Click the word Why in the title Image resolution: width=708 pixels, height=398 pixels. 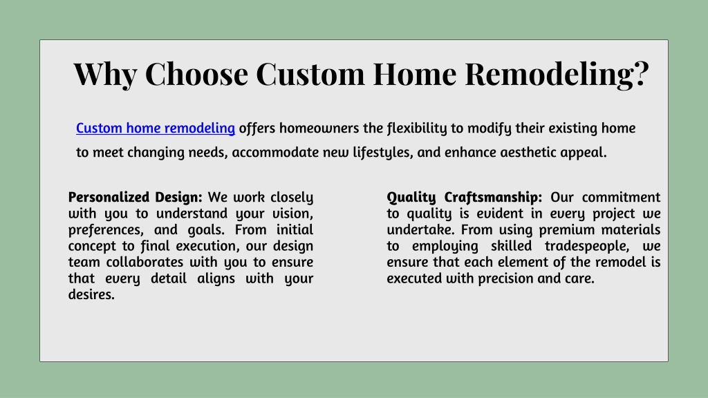[105, 74]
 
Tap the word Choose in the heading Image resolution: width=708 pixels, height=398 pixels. [196, 73]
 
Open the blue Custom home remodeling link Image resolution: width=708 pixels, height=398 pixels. [156, 128]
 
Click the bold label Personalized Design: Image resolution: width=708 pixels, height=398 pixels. [135, 197]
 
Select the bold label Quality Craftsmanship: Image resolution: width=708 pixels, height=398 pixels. [464, 197]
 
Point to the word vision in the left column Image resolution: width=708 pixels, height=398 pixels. [292, 214]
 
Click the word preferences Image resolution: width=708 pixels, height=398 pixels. [106, 229]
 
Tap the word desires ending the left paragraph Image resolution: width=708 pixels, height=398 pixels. [91, 294]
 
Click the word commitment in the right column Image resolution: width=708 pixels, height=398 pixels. [621, 197]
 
